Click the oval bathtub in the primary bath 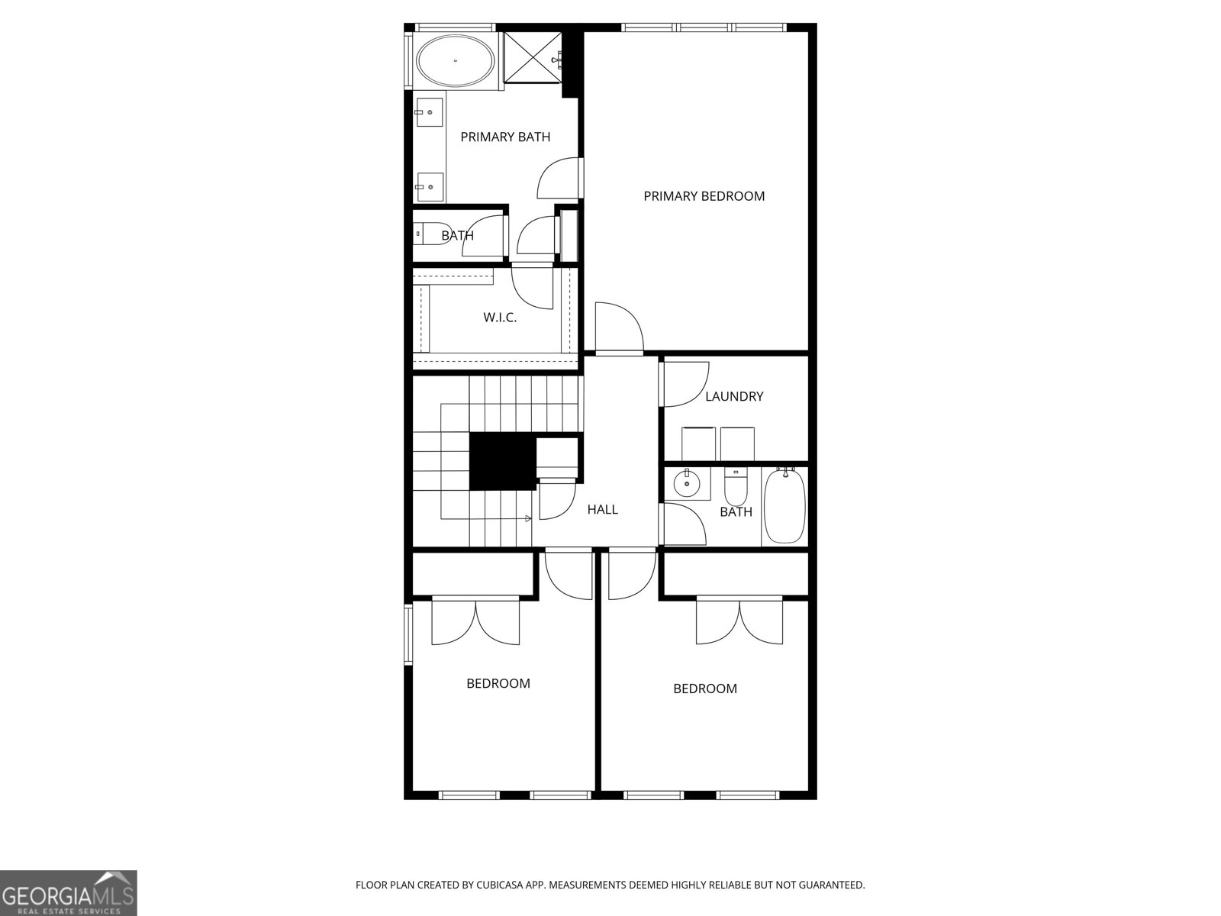pyautogui.click(x=456, y=60)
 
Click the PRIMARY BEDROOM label pyautogui.click(x=704, y=196)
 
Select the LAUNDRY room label pyautogui.click(x=734, y=396)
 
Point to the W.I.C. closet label pyautogui.click(x=500, y=318)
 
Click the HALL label pyautogui.click(x=602, y=509)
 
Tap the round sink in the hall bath pyautogui.click(x=687, y=482)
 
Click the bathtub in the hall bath pyautogui.click(x=784, y=506)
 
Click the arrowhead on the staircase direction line pyautogui.click(x=529, y=519)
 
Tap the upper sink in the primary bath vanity pyautogui.click(x=430, y=113)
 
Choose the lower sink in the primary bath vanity pyautogui.click(x=430, y=185)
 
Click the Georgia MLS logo pyautogui.click(x=68, y=892)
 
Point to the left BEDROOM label pyautogui.click(x=498, y=683)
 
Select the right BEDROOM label pyautogui.click(x=704, y=689)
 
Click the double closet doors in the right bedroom pyautogui.click(x=739, y=622)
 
